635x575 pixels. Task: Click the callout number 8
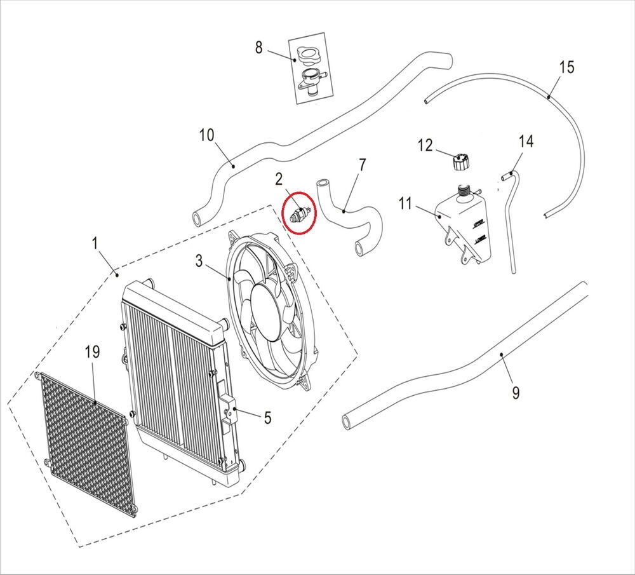pos(258,47)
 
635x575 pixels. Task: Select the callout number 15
pos(566,67)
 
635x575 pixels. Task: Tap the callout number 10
pos(207,135)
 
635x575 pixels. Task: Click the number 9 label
pos(515,393)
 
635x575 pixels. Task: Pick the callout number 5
pos(267,417)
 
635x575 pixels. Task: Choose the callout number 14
pos(526,140)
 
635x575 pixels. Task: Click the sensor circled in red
pos(299,213)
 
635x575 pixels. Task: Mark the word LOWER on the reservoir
pos(479,240)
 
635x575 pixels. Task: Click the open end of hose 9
pos(347,421)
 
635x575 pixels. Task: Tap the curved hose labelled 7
pos(349,216)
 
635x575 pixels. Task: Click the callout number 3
pos(199,260)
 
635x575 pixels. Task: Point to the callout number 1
pos(95,243)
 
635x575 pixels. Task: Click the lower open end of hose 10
pos(197,220)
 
